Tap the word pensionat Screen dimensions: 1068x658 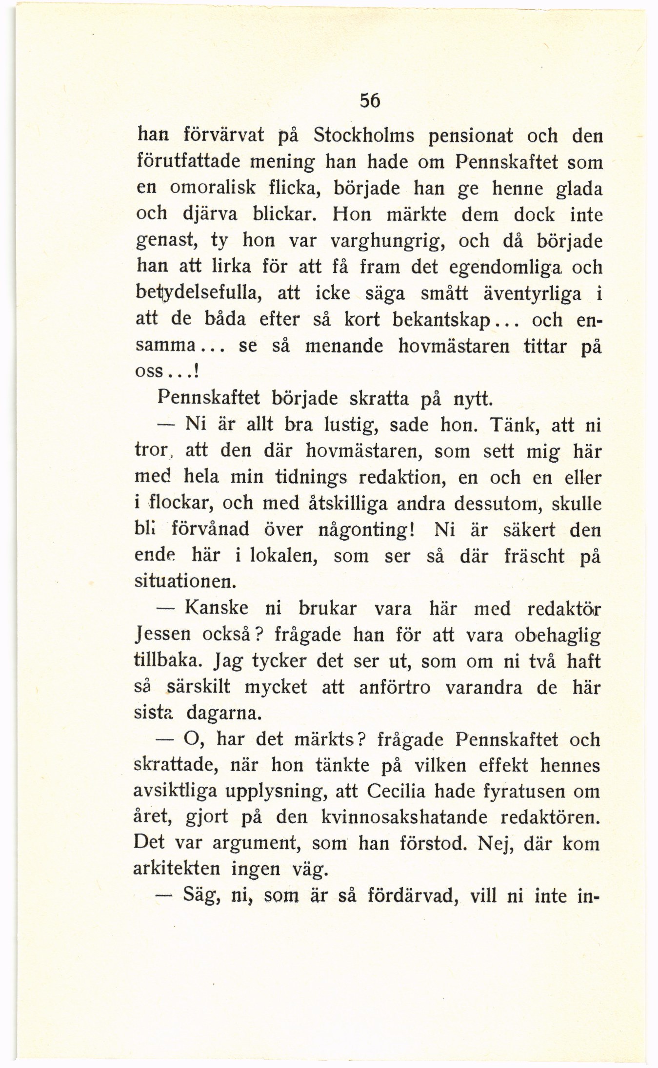(x=471, y=136)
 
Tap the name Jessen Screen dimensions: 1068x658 (x=159, y=636)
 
